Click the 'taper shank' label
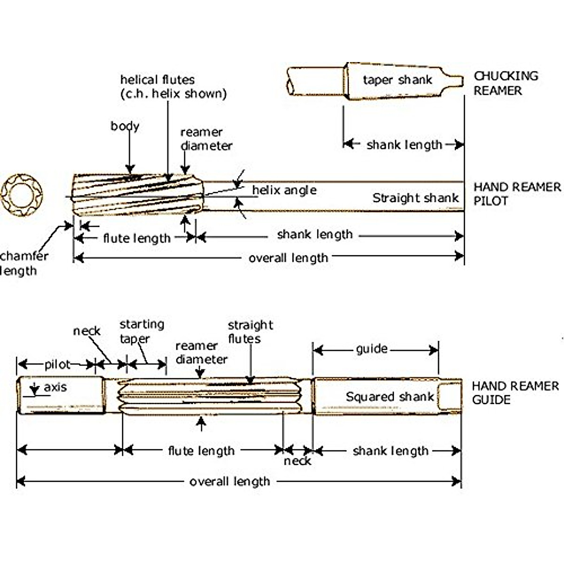(397, 80)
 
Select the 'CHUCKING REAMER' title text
(505, 83)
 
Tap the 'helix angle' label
(284, 190)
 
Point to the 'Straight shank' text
(415, 198)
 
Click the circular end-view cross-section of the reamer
(22, 194)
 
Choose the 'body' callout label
(125, 126)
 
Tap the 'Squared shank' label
(390, 397)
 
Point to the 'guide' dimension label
(372, 349)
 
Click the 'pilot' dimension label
(57, 364)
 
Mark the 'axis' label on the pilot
(55, 387)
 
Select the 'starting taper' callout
(141, 331)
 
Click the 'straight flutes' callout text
(250, 332)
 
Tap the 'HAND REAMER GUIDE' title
(515, 393)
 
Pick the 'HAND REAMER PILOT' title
(517, 194)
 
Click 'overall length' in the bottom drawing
(229, 482)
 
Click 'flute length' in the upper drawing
(137, 238)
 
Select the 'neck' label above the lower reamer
(86, 331)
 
